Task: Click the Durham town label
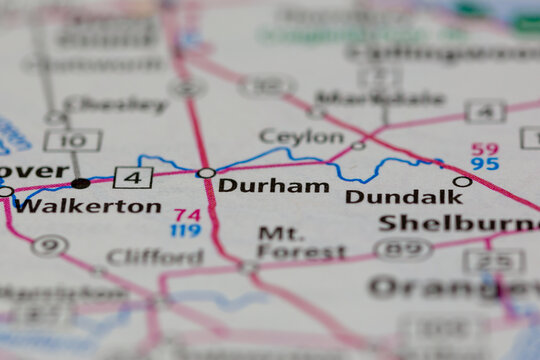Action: pyautogui.click(x=273, y=185)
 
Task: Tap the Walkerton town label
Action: pyautogui.click(x=88, y=206)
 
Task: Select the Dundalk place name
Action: pyautogui.click(x=404, y=197)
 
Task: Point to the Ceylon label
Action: pyautogui.click(x=301, y=136)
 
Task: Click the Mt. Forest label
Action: pyautogui.click(x=288, y=242)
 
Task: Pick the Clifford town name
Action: pyautogui.click(x=154, y=257)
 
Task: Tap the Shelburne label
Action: pyautogui.click(x=459, y=223)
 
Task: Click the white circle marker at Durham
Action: pyautogui.click(x=206, y=173)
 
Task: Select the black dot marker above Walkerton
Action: pyautogui.click(x=80, y=183)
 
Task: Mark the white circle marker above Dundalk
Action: pyautogui.click(x=462, y=182)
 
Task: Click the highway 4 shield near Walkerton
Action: pyautogui.click(x=133, y=178)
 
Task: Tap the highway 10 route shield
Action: pyautogui.click(x=73, y=140)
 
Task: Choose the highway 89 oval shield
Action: pyautogui.click(x=403, y=249)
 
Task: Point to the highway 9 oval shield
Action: pyautogui.click(x=49, y=245)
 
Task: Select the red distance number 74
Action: pyautogui.click(x=187, y=214)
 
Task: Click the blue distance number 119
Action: pyautogui.click(x=185, y=230)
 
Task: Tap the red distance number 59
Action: pyautogui.click(x=485, y=148)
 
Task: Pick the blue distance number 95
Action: pyautogui.click(x=485, y=164)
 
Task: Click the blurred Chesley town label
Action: pyautogui.click(x=117, y=104)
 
